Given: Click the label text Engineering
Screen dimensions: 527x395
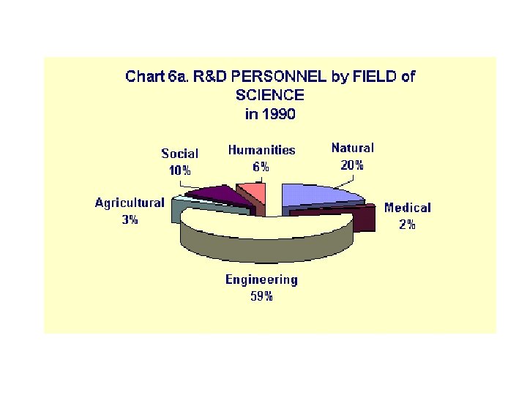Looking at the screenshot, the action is coord(261,279).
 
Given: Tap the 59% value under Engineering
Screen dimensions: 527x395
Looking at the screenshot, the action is coord(261,296).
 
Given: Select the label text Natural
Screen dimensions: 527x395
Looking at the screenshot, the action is coord(352,148).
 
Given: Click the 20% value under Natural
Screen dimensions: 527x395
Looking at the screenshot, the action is coord(352,165).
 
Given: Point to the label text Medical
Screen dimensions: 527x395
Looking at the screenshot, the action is coord(408,208).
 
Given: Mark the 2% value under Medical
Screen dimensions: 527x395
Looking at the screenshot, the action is coord(408,225).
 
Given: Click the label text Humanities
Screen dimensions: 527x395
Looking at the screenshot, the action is coord(261,150).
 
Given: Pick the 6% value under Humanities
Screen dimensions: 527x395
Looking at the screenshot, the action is coord(261,167).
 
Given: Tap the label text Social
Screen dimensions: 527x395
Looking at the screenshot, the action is coord(179,154).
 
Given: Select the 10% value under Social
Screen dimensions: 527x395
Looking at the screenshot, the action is coord(180,170).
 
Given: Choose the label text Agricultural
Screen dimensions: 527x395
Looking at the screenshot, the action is coord(130,203).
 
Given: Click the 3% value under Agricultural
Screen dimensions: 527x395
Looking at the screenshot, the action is coord(130,219).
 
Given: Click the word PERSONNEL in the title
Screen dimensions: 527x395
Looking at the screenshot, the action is coord(283,77).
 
